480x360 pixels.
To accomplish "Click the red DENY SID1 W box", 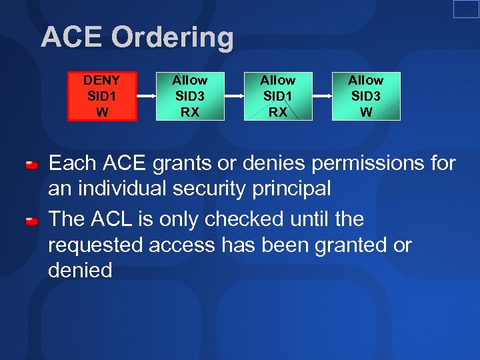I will (102, 96).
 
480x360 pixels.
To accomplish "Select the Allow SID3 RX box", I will (190, 96).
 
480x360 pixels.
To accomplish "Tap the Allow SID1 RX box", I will (278, 96).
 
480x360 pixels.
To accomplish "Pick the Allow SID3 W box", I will (366, 96).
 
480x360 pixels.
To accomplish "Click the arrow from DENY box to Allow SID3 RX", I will (146, 96).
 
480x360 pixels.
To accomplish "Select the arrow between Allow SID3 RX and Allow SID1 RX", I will (234, 96).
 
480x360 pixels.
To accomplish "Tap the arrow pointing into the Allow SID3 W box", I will (322, 96).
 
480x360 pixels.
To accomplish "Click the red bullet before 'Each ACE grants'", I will (31, 165).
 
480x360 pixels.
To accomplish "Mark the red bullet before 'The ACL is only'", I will (31, 221).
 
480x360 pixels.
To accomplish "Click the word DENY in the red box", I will (102, 80).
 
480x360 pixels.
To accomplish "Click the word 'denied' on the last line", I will (80, 270).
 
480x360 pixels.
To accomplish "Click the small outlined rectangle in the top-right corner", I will (466, 9).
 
